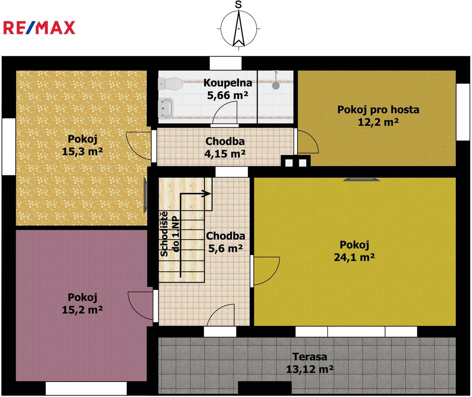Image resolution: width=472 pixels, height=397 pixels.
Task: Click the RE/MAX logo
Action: [x=39, y=28]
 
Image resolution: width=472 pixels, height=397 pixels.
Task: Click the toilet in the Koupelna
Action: [x=170, y=83]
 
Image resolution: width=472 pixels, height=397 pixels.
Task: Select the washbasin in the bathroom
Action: [x=166, y=108]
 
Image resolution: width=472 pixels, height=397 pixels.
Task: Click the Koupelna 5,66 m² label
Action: [x=228, y=89]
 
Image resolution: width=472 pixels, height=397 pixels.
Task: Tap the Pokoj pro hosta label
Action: [x=378, y=110]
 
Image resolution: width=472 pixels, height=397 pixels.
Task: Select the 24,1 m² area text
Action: [x=354, y=257]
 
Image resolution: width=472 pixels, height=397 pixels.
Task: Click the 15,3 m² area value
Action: [x=82, y=151]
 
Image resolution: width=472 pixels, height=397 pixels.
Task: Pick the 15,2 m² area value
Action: [x=82, y=310]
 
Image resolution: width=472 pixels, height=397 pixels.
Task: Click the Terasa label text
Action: [x=310, y=357]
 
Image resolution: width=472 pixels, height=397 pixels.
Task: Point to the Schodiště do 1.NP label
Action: [x=170, y=234]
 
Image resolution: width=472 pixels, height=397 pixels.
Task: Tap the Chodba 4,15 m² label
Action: [x=225, y=147]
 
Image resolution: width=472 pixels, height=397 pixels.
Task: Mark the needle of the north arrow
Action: [x=239, y=28]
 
